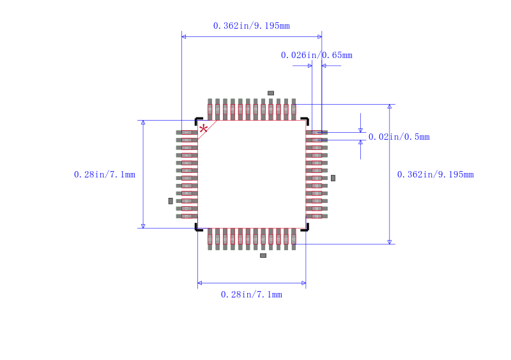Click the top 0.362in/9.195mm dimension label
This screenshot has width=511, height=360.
pyautogui.click(x=251, y=26)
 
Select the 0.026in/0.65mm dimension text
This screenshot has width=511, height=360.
pyautogui.click(x=316, y=55)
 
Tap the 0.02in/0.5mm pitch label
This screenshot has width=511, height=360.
pyautogui.click(x=399, y=137)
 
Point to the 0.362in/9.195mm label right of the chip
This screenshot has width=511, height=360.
pyautogui.click(x=435, y=174)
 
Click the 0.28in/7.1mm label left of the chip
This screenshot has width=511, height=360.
pyautogui.click(x=104, y=174)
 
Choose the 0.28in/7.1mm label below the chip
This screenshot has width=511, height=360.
pyautogui.click(x=251, y=294)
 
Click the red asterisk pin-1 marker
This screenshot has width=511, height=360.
pyautogui.click(x=203, y=129)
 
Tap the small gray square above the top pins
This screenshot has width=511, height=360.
pyautogui.click(x=271, y=93)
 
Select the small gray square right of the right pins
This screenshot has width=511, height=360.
pyautogui.click(x=333, y=178)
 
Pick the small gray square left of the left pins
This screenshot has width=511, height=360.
pyautogui.click(x=171, y=201)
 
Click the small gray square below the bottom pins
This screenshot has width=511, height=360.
pyautogui.click(x=263, y=255)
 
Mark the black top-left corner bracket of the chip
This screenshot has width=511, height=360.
pyautogui.click(x=197, y=119)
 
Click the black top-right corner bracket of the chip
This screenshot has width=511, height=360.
pyautogui.click(x=306, y=119)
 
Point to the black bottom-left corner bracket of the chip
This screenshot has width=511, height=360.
pyautogui.click(x=197, y=228)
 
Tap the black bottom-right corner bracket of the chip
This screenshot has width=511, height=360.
pyautogui.click(x=306, y=228)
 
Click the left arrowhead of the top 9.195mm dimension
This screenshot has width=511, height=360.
pyautogui.click(x=184, y=36)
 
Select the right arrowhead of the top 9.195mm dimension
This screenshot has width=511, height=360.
pyautogui.click(x=319, y=36)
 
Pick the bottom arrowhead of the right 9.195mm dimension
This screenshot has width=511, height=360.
pyautogui.click(x=390, y=241)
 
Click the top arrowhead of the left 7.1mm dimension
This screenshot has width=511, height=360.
pyautogui.click(x=143, y=122)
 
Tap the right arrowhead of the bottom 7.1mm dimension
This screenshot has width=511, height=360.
pyautogui.click(x=303, y=283)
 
